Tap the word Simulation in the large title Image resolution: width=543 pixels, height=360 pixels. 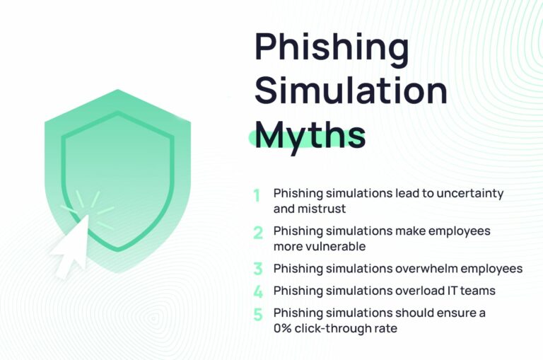coord(351,91)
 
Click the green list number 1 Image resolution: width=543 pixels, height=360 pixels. coord(257,194)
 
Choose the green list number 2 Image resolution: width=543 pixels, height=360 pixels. coord(258,233)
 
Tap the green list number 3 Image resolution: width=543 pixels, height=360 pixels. coord(258,269)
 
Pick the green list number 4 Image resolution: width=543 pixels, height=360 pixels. coord(258,291)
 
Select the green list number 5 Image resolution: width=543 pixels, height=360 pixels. coord(258,314)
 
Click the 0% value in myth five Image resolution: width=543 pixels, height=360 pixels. coord(284,328)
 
